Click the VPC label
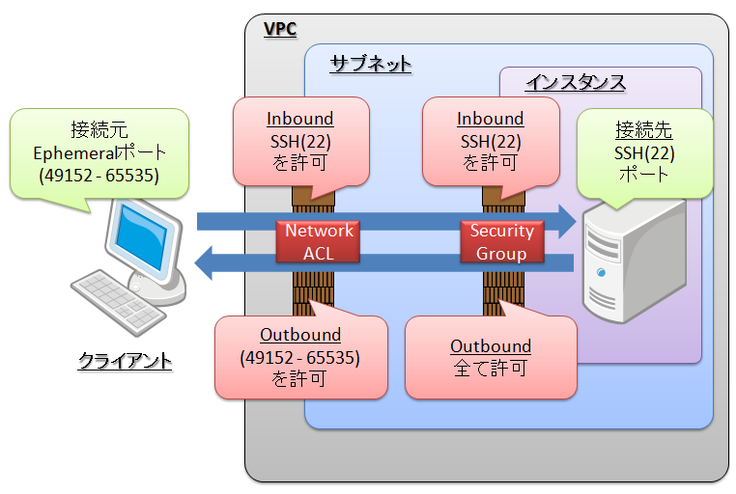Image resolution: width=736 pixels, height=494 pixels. click(280, 28)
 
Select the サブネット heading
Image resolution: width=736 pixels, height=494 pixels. click(370, 65)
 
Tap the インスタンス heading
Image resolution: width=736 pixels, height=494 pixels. click(575, 83)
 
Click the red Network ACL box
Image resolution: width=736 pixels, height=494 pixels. click(318, 242)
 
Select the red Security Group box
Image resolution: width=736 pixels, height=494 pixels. click(501, 242)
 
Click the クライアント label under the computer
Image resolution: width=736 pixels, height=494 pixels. click(125, 362)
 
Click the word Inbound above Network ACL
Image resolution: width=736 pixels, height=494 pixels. click(300, 119)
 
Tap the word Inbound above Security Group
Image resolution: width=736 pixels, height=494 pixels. click(491, 119)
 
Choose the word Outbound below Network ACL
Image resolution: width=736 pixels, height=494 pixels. click(300, 335)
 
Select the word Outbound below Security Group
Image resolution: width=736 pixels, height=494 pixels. click(491, 345)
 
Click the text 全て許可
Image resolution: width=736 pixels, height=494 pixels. click(491, 368)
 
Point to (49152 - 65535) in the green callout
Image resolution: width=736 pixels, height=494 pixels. click(99, 176)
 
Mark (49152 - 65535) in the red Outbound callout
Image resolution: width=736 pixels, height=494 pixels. click(300, 357)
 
